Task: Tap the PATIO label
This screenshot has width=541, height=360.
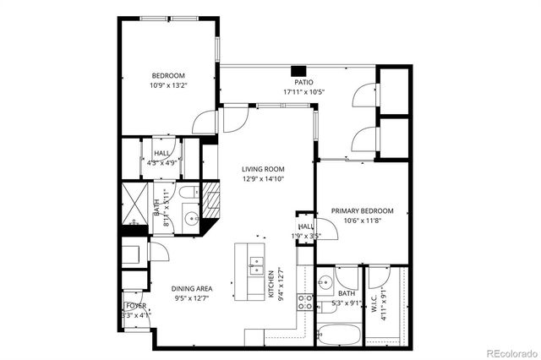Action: (303, 83)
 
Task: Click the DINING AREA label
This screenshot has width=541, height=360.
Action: (192, 288)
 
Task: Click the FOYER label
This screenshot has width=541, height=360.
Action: (135, 305)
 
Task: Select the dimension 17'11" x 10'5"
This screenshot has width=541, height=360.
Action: (303, 91)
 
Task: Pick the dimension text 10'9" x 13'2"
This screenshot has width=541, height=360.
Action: (167, 85)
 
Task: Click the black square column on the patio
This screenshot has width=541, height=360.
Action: (298, 71)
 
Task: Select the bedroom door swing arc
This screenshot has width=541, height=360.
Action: (206, 122)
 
